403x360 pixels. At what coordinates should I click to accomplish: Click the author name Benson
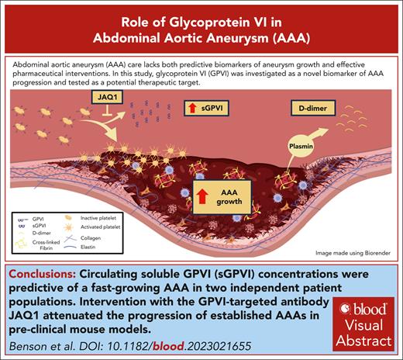pos(25,347)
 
